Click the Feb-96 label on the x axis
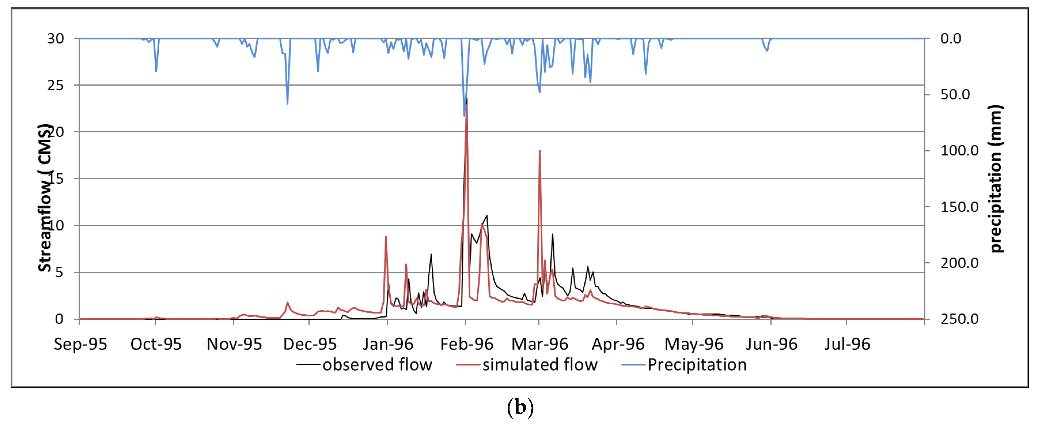tap(466, 344)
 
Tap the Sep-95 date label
tap(80, 344)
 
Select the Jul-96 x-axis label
tap(847, 344)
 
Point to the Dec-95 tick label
tap(310, 344)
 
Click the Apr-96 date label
tap(618, 344)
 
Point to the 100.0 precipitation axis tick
tap(959, 150)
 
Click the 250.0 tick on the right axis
tap(959, 319)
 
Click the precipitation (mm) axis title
tap(996, 179)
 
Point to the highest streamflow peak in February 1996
tap(467, 99)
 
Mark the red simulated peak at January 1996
tap(386, 237)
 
